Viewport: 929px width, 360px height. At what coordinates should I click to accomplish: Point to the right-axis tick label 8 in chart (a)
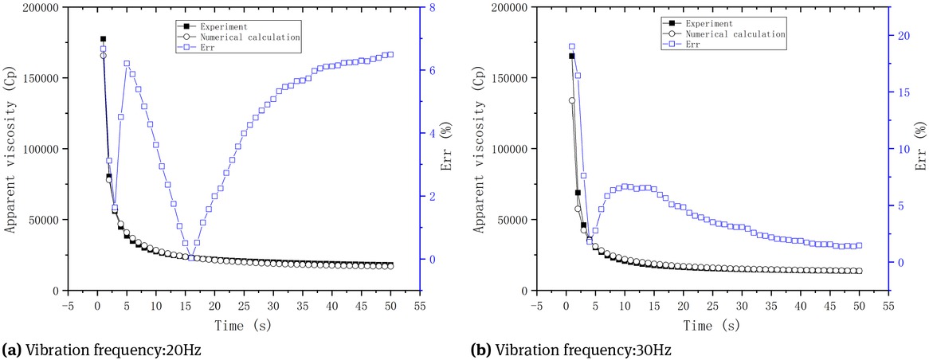coord(433,8)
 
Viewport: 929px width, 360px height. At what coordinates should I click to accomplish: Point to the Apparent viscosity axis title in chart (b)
coord(480,149)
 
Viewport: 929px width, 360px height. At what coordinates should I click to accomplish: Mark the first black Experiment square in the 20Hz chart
coord(103,38)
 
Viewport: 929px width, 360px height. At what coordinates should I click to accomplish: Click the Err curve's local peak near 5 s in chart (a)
coord(127,63)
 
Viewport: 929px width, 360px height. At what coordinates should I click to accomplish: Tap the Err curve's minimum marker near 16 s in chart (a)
coord(191,256)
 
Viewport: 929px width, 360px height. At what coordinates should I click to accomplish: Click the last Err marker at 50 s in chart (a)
coord(390,54)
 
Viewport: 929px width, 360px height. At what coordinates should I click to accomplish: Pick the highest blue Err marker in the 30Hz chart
coord(571,46)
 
